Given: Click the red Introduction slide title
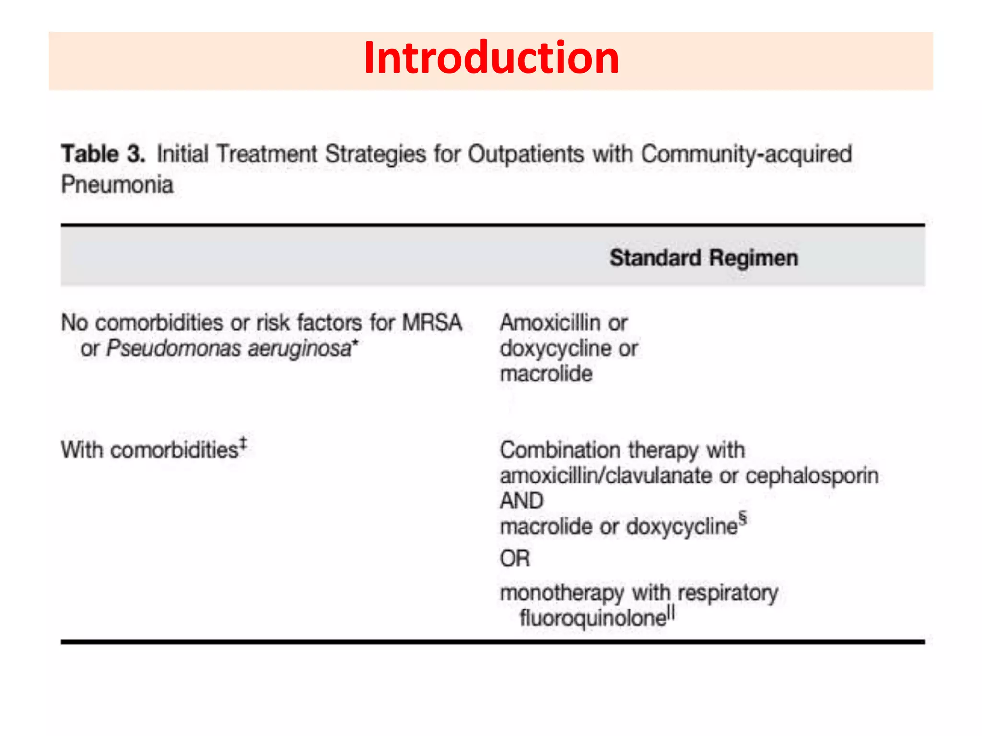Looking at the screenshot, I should [x=491, y=58].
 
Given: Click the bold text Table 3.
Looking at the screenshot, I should [x=103, y=154].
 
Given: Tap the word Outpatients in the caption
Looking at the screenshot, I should [x=526, y=154].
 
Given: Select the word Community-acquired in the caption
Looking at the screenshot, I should [x=746, y=154].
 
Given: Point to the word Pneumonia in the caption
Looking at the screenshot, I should [x=117, y=185].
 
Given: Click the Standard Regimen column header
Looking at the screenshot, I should [x=703, y=258].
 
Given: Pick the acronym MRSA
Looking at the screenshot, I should [x=432, y=322].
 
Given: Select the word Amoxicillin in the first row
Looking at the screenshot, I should [x=550, y=322].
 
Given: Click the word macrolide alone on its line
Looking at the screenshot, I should [x=546, y=374].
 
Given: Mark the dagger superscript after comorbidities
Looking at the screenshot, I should [x=243, y=443].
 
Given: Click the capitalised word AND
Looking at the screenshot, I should [x=522, y=501].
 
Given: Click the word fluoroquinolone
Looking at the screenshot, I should [x=593, y=618].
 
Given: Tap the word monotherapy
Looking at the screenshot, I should [x=561, y=593].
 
